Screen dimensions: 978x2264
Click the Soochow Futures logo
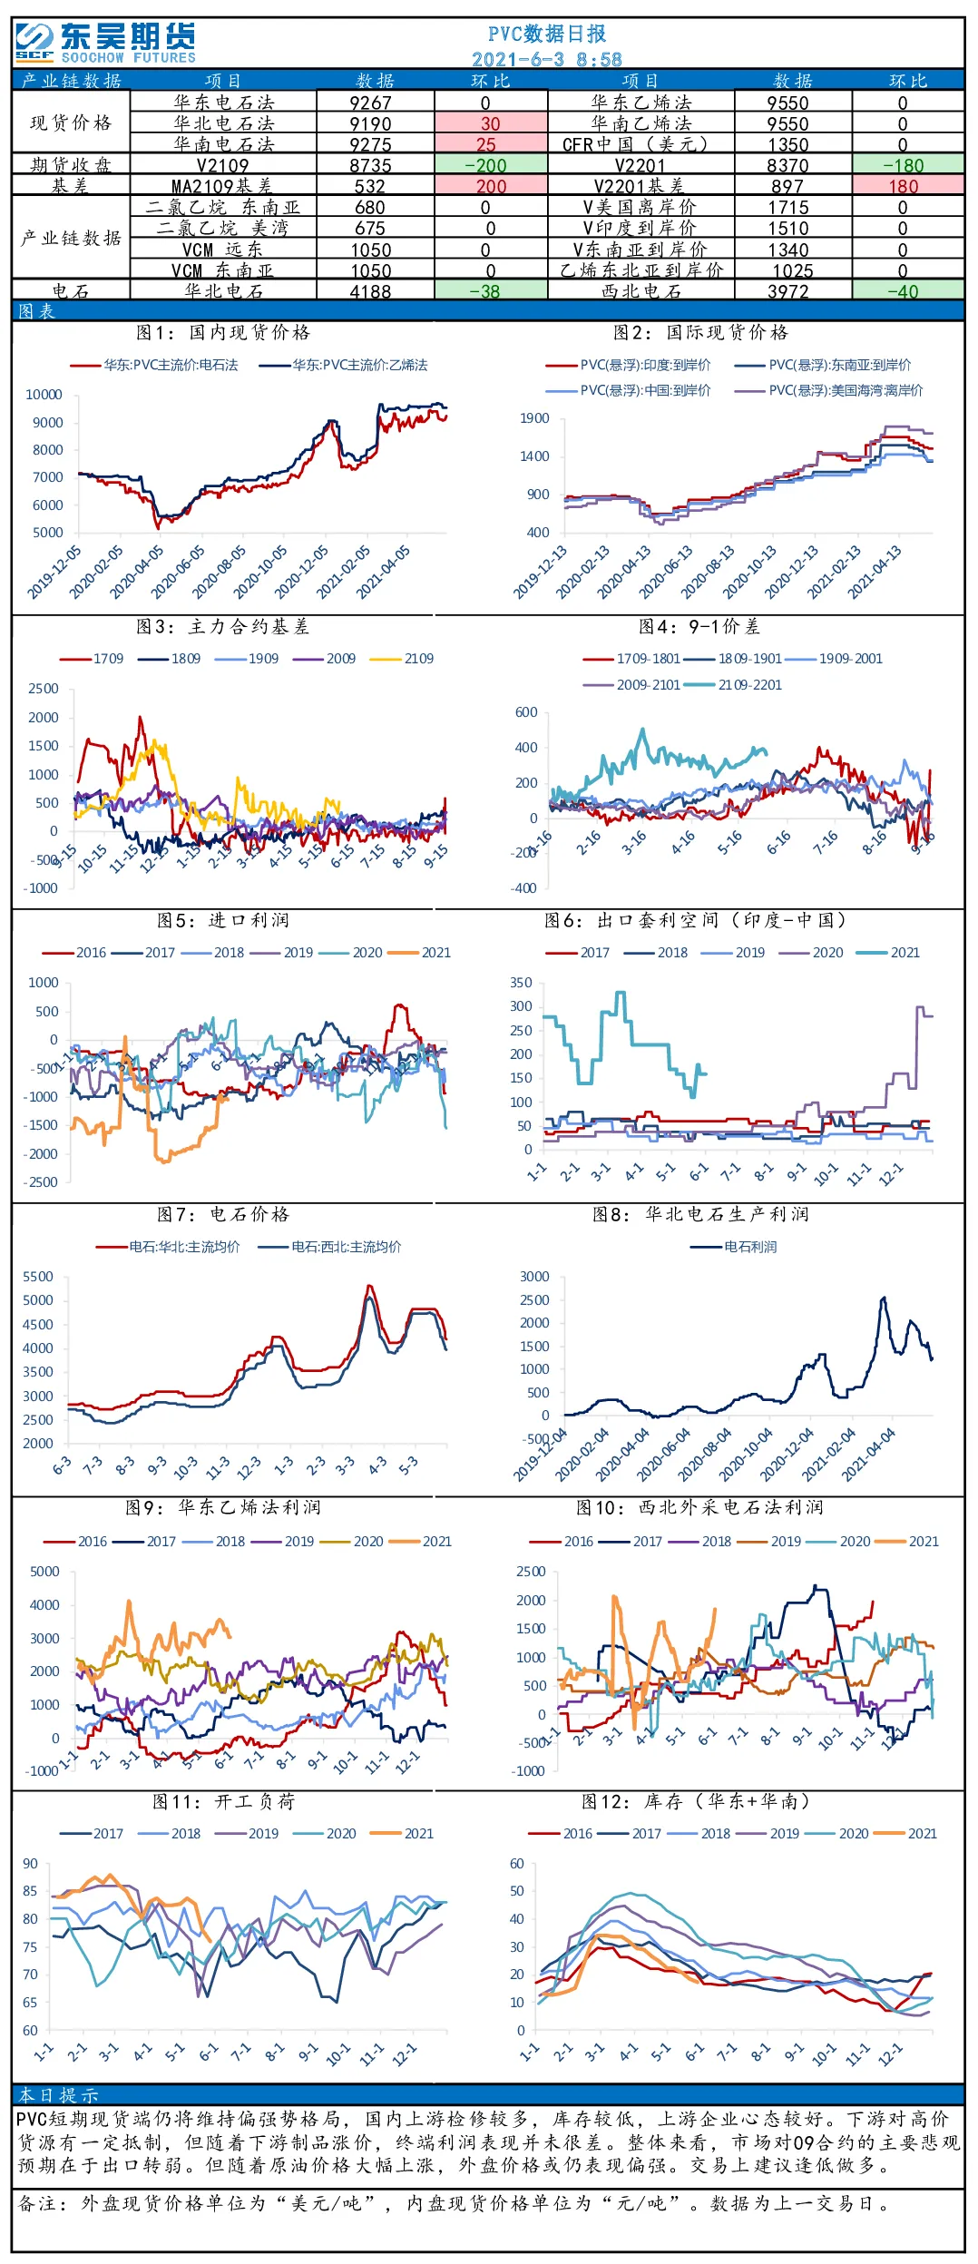pyautogui.click(x=105, y=43)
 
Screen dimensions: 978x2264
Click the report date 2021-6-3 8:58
pyautogui.click(x=547, y=59)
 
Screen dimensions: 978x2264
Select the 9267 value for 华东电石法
pyautogui.click(x=371, y=103)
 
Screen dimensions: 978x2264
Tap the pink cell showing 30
pyautogui.click(x=491, y=123)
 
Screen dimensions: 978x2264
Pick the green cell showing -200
pyautogui.click(x=491, y=165)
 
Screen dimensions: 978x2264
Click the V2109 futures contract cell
pyautogui.click(x=223, y=165)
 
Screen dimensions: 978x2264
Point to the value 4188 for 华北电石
pyautogui.click(x=371, y=291)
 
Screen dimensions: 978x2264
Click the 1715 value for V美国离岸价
pyautogui.click(x=788, y=207)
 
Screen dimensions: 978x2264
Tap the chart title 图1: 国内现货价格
pyautogui.click(x=223, y=332)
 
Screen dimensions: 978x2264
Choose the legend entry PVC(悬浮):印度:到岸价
pyautogui.click(x=629, y=365)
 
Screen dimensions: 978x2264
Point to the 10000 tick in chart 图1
pyautogui.click(x=44, y=395)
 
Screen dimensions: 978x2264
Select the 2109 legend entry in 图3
pyautogui.click(x=403, y=659)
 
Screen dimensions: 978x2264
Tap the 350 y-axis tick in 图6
pyautogui.click(x=522, y=983)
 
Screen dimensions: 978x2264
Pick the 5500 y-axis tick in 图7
pyautogui.click(x=38, y=1277)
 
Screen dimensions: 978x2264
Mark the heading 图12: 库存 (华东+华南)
pyautogui.click(x=696, y=1800)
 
